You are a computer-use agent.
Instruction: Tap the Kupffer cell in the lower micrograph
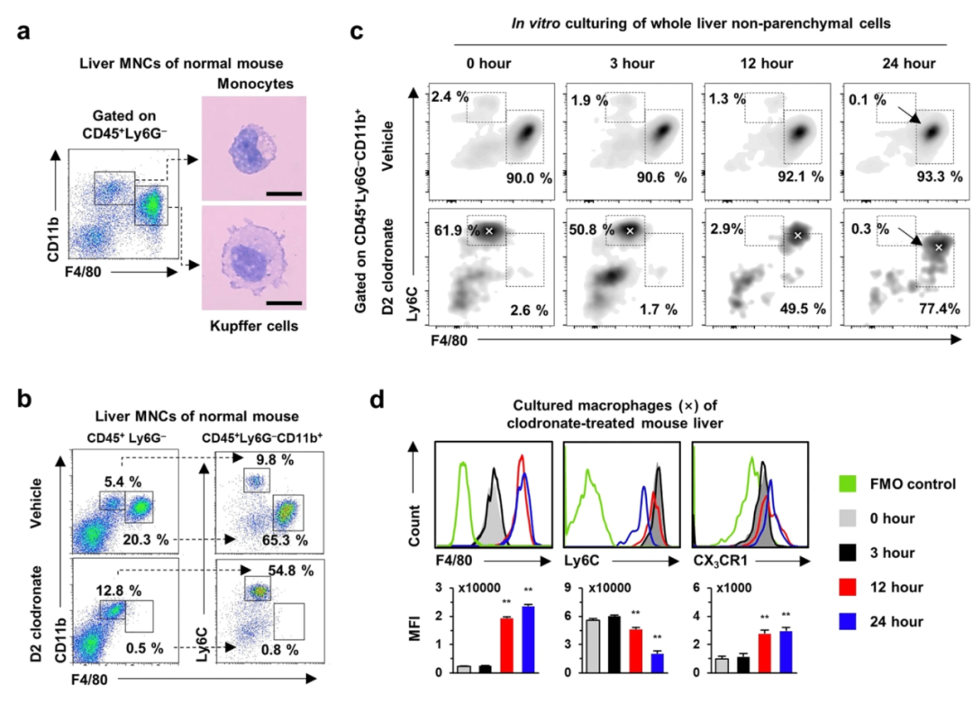coord(255,258)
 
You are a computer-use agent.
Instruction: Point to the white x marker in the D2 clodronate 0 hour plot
coord(489,230)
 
